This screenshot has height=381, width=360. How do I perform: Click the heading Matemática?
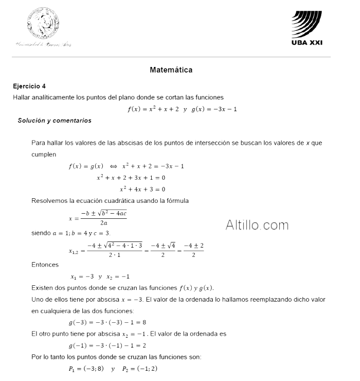[171, 70]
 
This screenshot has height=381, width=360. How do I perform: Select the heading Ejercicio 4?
[29, 86]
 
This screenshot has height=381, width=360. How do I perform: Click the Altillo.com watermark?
[257, 225]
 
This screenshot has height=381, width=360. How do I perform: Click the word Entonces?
[45, 265]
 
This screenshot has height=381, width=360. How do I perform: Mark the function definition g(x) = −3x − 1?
[214, 109]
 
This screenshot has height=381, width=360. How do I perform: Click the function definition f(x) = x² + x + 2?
[153, 109]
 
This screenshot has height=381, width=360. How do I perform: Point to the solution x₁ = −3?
[82, 276]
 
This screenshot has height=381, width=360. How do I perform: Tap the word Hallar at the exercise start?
[22, 97]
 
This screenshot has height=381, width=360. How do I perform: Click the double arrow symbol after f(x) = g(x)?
[113, 166]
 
